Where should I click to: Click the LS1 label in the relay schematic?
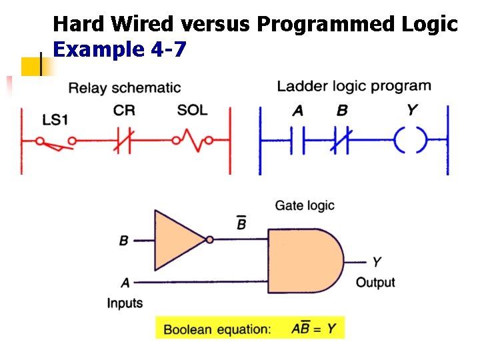[55, 120]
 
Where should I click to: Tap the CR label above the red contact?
[125, 111]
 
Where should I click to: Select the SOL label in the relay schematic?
[192, 109]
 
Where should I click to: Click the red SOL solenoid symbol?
[192, 140]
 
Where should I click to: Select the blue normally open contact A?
[298, 141]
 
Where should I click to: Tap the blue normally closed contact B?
[342, 141]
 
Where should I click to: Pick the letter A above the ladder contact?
[298, 111]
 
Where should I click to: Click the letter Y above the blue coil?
[412, 110]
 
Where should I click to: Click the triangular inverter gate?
[178, 240]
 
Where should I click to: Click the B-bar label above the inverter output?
[241, 223]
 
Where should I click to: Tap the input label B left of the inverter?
[123, 240]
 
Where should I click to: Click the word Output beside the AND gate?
[375, 283]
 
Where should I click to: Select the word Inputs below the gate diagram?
[125, 303]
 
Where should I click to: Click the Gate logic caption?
[305, 205]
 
